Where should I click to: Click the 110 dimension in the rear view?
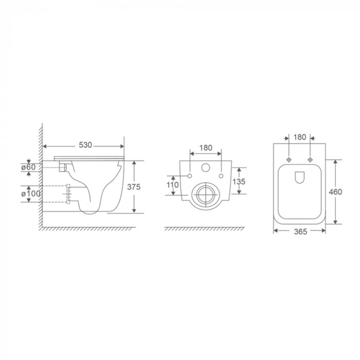coord(173,185)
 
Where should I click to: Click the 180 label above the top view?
coord(300,137)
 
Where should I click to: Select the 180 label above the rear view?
coord(206,147)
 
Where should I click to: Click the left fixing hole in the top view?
coord(290,159)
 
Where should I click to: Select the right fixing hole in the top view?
coord(310,159)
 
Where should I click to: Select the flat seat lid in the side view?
coord(89,155)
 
